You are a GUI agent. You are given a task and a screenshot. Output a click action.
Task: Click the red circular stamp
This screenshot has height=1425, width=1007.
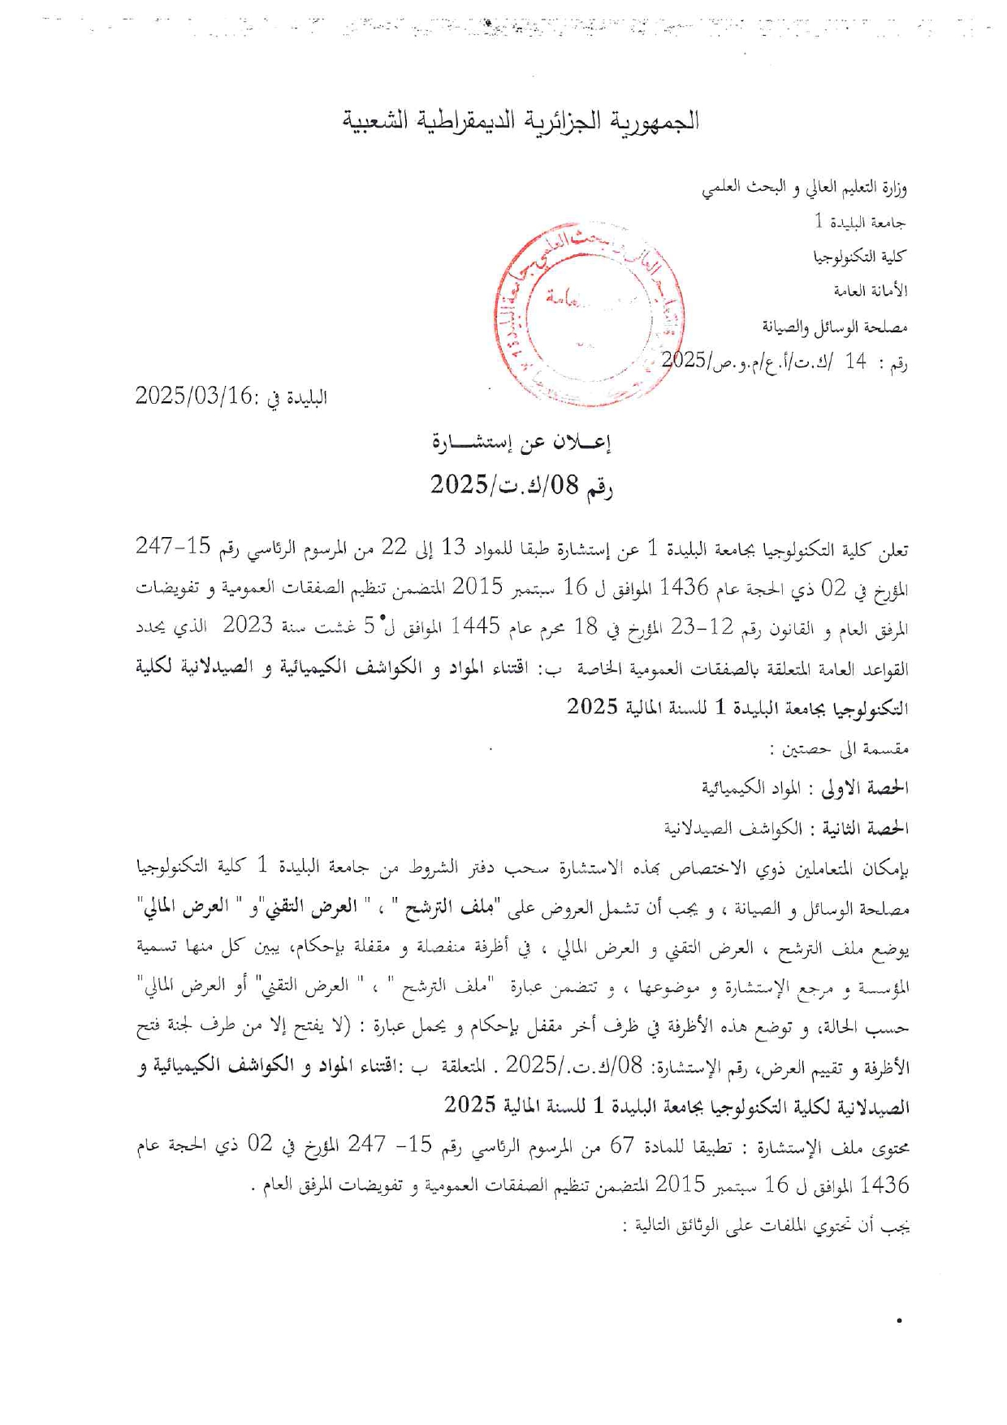[x=588, y=314]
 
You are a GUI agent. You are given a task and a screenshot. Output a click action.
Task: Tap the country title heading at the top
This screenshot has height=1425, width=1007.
[x=521, y=121]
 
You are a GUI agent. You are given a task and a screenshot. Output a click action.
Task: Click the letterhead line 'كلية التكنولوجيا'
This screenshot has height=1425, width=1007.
[x=860, y=257]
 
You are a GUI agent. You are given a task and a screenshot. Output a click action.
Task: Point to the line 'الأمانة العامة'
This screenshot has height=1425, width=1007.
[x=870, y=291]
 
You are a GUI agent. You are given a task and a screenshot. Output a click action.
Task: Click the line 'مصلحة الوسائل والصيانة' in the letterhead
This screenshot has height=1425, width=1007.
[x=834, y=327]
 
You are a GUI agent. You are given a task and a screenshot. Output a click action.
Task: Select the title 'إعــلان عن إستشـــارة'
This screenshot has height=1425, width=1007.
[x=521, y=443]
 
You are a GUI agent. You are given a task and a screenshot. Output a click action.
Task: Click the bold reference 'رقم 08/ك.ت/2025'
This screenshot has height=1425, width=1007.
[x=521, y=485]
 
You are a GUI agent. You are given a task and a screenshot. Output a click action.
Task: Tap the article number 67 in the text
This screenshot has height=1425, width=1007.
[x=622, y=1146]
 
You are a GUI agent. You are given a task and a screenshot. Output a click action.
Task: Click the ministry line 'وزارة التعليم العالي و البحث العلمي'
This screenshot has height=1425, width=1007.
[x=804, y=188]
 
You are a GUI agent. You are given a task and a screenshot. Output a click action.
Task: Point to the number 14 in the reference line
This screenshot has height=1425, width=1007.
[x=855, y=362]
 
